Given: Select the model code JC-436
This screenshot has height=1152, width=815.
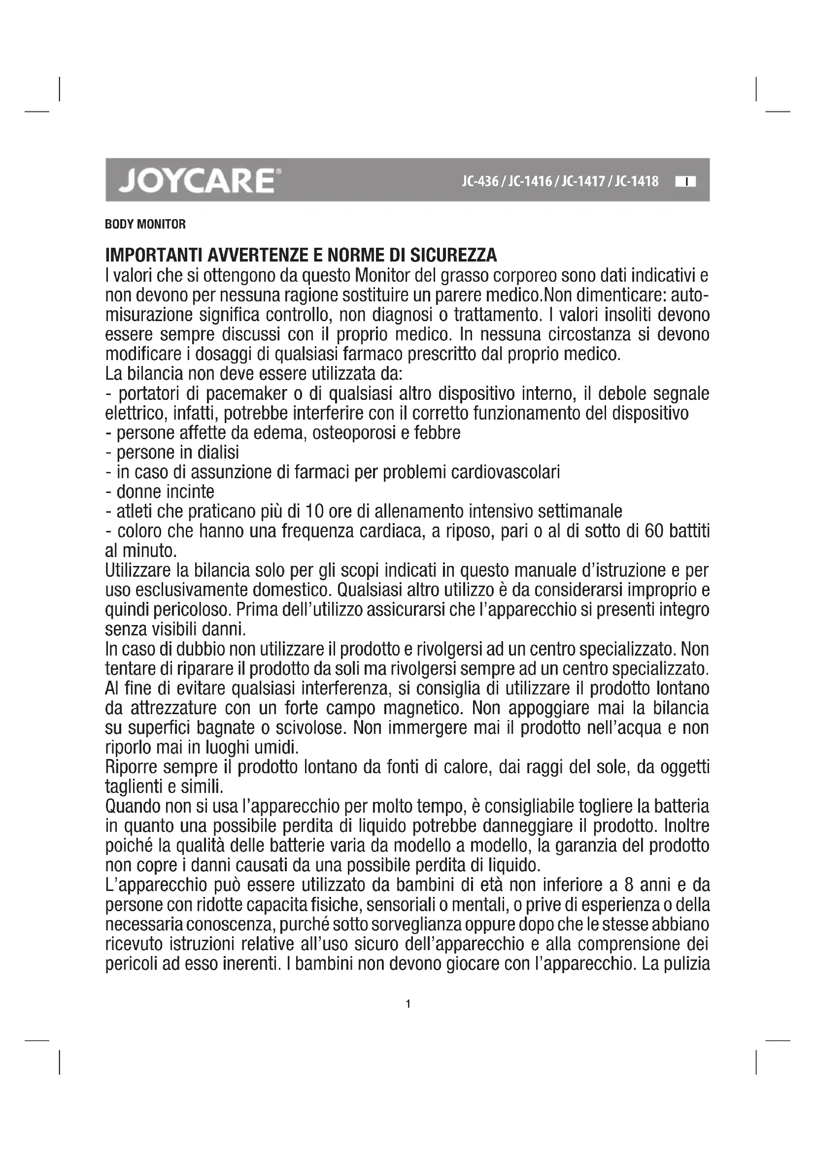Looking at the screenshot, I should tap(480, 181).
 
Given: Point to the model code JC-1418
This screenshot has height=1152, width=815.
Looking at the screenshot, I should tap(635, 181).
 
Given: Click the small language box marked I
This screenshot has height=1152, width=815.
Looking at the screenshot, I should tap(685, 182).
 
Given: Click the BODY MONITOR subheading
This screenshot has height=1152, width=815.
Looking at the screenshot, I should tap(145, 224).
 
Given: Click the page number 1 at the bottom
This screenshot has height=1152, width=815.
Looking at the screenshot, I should tap(407, 1004).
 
